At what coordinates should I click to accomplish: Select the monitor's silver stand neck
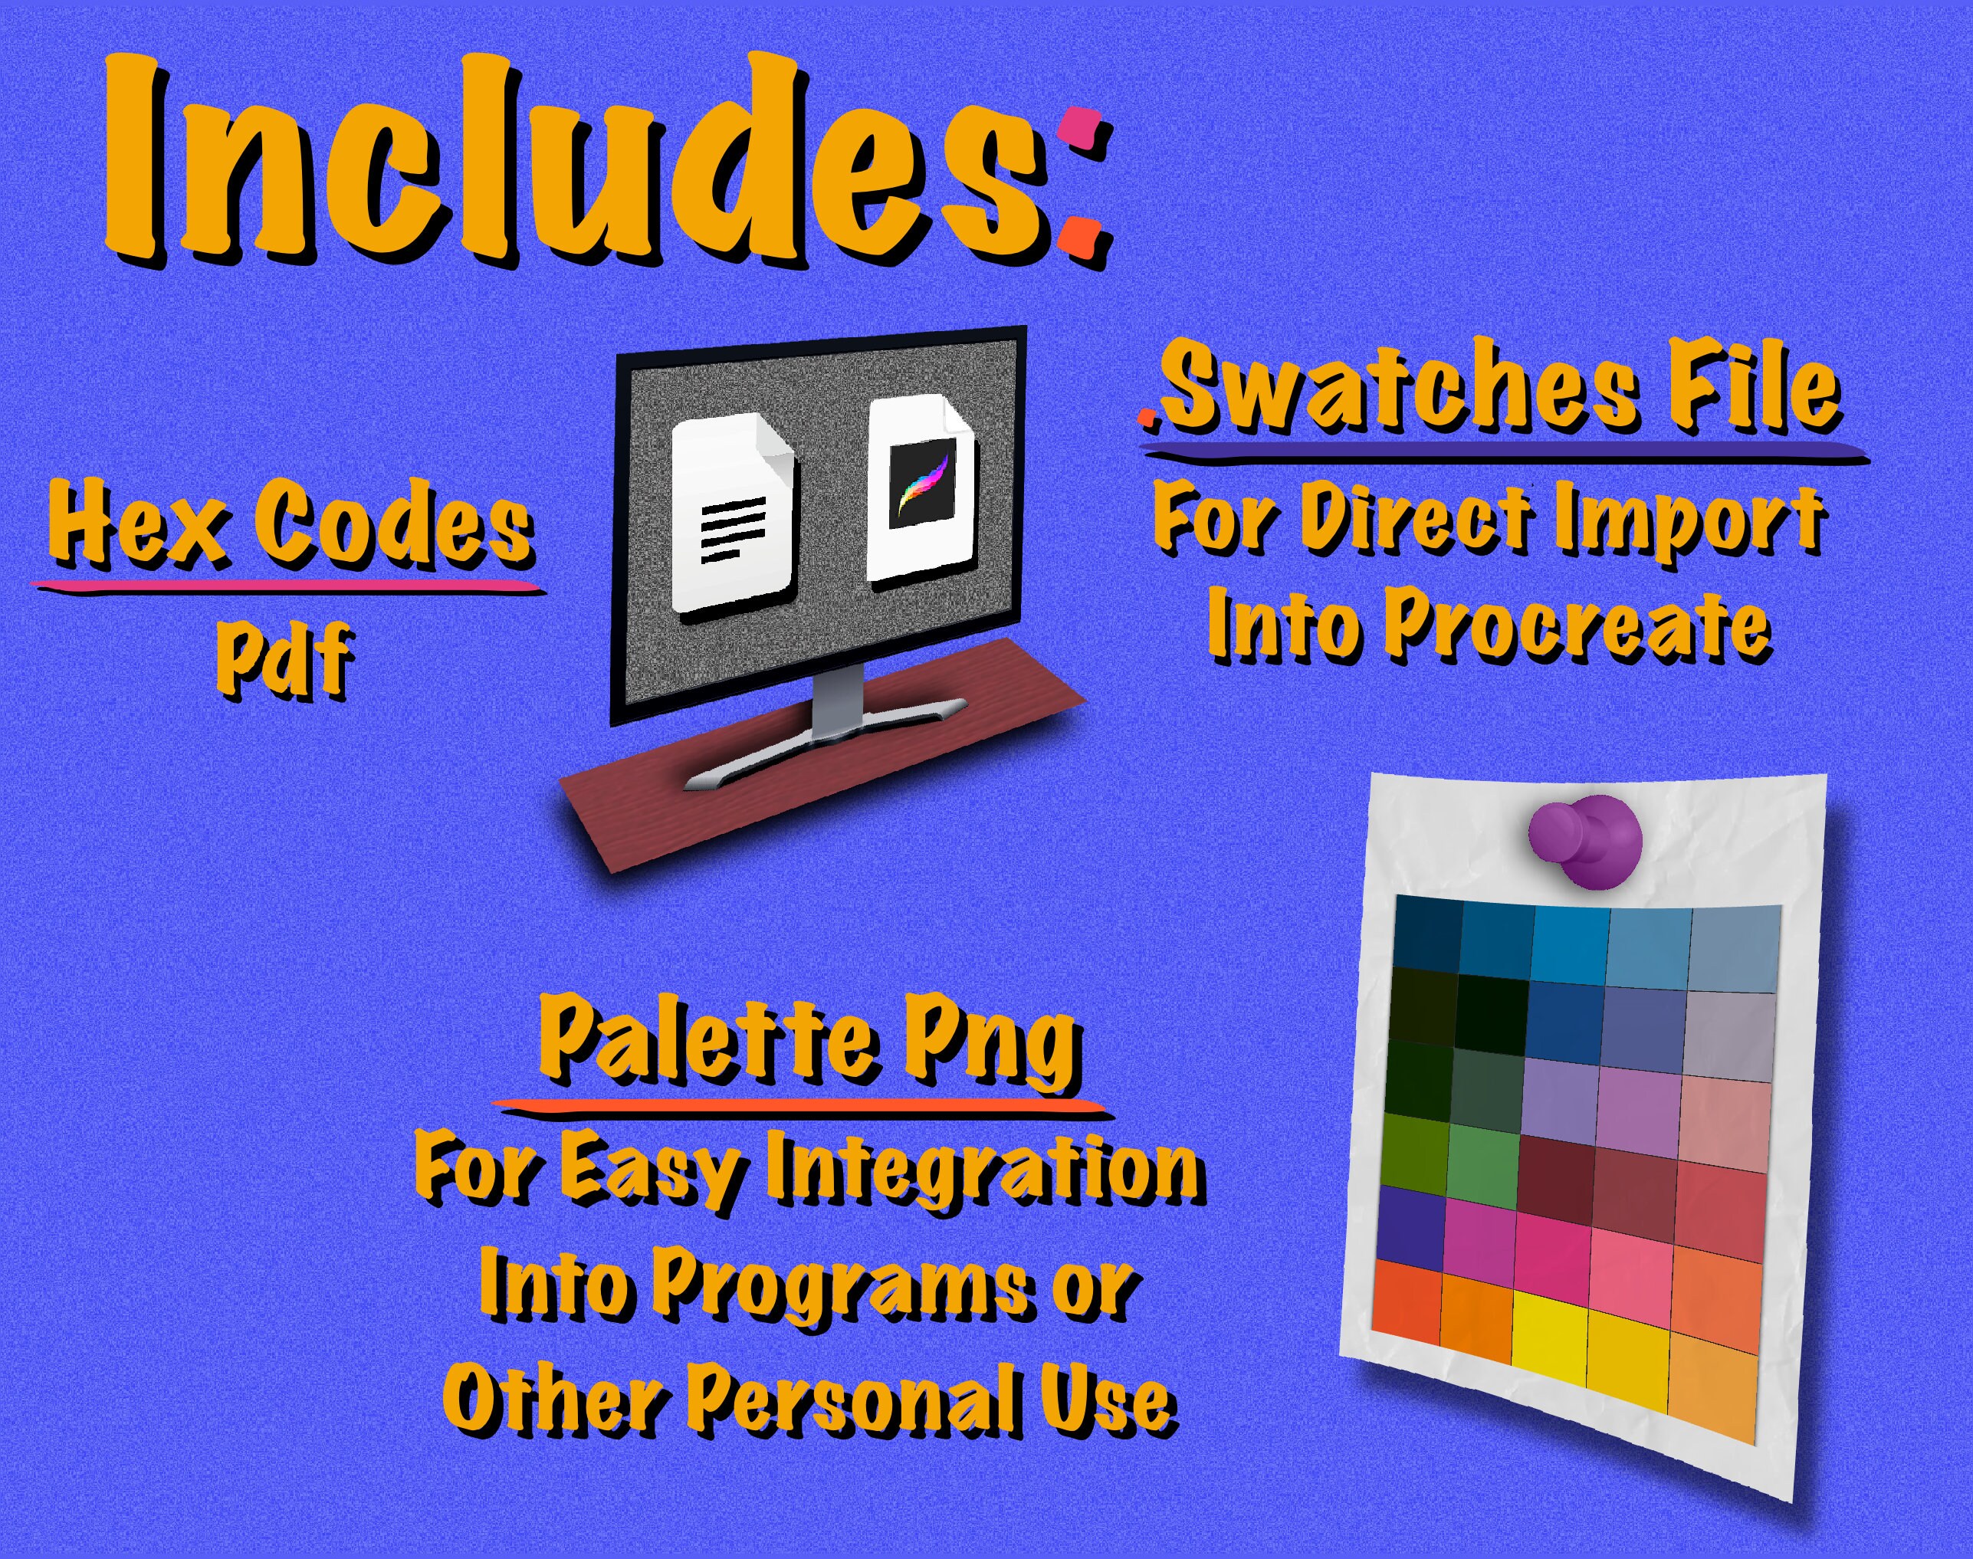click(837, 698)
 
